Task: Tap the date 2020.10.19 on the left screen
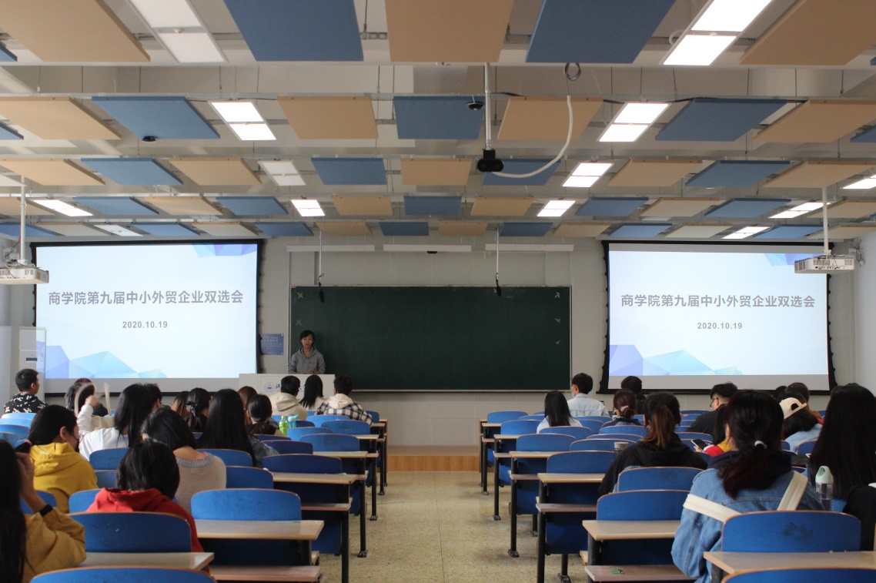click(x=145, y=324)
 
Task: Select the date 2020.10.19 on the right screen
click(x=720, y=326)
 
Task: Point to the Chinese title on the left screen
click(x=145, y=297)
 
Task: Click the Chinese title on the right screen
click(x=718, y=300)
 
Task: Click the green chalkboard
click(x=430, y=338)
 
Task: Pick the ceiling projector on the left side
click(x=23, y=274)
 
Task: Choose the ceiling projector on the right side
click(x=824, y=263)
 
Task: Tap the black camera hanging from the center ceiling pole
click(x=490, y=161)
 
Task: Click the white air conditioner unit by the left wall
click(x=23, y=358)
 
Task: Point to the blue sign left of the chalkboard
click(x=272, y=344)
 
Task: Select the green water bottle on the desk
click(x=283, y=425)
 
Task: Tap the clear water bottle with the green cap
click(x=824, y=488)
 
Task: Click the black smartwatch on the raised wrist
click(x=46, y=510)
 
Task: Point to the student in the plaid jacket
click(x=343, y=400)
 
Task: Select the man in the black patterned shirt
click(x=25, y=391)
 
